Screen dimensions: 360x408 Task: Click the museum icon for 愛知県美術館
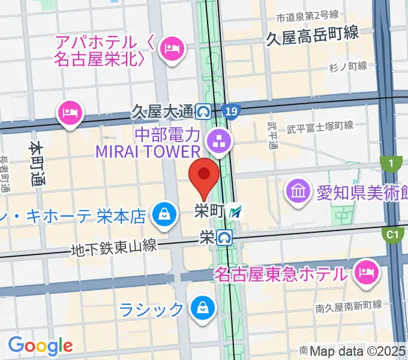pos(298,191)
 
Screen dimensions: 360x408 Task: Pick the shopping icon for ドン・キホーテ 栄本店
pos(163,213)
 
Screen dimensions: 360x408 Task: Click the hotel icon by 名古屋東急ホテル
pos(365,273)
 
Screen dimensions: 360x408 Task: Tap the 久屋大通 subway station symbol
pos(203,111)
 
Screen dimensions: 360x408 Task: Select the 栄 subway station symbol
pos(225,238)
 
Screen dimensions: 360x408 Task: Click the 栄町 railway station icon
pos(238,211)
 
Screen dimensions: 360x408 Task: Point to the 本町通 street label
pos(37,163)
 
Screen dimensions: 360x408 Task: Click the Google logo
pos(40,345)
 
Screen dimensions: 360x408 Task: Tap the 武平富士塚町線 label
pos(319,126)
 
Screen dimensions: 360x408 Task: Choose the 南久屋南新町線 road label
pos(349,305)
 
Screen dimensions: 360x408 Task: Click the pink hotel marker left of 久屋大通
pos(70,113)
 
